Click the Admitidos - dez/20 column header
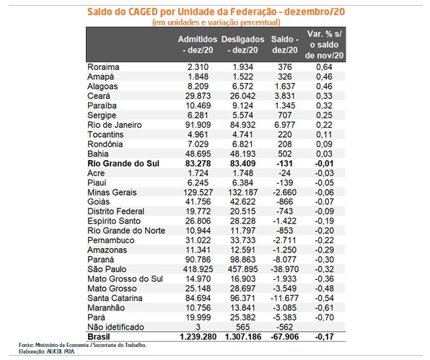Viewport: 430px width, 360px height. (198, 45)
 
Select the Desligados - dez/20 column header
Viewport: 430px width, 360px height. (242, 45)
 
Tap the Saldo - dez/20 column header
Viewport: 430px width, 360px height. (285, 45)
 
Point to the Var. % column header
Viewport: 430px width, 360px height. (324, 45)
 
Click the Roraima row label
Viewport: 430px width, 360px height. (103, 67)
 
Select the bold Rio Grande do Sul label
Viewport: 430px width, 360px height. (123, 164)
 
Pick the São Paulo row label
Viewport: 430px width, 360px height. (107, 269)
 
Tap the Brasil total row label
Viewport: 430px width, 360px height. (98, 337)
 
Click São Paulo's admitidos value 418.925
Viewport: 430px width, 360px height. (198, 269)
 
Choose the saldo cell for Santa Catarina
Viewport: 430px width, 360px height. (285, 298)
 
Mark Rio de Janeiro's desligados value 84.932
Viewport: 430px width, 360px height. (242, 125)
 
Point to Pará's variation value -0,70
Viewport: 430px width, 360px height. (325, 317)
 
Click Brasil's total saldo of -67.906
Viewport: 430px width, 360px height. (285, 337)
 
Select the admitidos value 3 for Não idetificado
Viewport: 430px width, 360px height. (198, 327)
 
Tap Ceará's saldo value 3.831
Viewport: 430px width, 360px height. (285, 96)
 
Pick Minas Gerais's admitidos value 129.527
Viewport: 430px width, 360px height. (198, 193)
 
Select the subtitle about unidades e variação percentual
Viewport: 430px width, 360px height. (216, 22)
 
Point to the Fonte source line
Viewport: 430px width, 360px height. (82, 345)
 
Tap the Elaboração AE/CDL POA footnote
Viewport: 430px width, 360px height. (47, 351)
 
